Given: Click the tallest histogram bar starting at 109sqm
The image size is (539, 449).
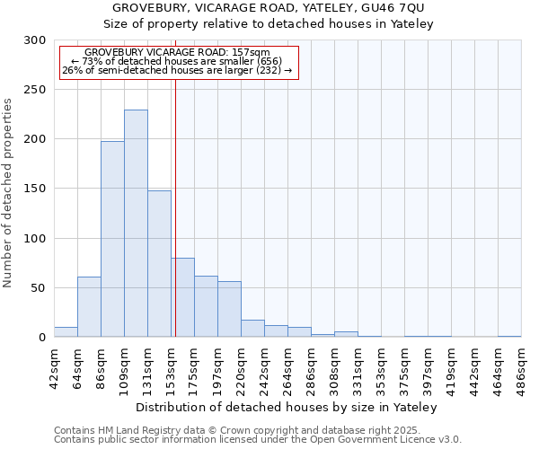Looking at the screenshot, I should (x=136, y=224).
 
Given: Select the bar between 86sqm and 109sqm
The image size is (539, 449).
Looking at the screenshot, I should (x=112, y=239).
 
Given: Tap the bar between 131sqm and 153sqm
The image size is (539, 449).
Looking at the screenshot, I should (x=159, y=263).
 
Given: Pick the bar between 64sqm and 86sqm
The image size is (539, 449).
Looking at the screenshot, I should (x=89, y=307).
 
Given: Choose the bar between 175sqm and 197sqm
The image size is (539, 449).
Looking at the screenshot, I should (x=206, y=306).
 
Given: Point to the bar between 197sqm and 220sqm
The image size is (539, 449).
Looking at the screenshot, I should (x=229, y=309).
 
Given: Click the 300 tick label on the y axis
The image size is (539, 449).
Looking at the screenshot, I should (x=35, y=40).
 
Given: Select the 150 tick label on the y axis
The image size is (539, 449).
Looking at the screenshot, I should (x=35, y=189).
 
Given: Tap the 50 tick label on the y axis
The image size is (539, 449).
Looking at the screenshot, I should (x=39, y=288).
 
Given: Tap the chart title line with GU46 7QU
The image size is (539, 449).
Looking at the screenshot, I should (x=269, y=8).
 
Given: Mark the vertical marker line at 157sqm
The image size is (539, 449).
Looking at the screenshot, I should (x=175, y=207).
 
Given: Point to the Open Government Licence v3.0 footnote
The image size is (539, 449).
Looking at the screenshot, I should (x=258, y=440).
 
